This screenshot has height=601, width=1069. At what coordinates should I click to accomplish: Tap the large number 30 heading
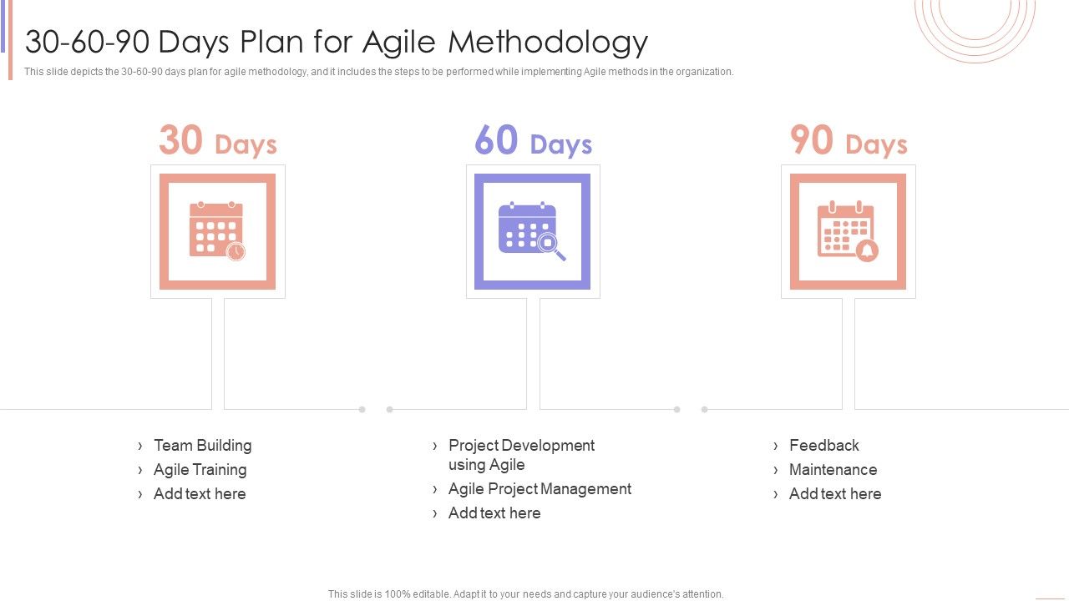pos(180,140)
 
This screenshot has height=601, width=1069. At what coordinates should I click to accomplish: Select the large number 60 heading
pos(496,140)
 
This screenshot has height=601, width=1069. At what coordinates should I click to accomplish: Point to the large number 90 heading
pos(811,140)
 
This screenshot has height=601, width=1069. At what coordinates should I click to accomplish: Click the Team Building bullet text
pos(202,446)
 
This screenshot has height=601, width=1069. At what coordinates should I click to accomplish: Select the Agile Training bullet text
pos(200,470)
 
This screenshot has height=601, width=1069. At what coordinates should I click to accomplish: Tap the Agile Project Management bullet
pos(540,489)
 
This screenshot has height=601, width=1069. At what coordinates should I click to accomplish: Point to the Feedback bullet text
pos(823,446)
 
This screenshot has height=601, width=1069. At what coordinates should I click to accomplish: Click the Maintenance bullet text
pos(833,470)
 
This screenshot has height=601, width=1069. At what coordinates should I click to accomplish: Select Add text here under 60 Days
pos(494,513)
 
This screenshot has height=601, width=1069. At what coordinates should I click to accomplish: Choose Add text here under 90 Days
pos(835,494)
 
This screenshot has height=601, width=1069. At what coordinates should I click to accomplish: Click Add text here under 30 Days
pos(200,494)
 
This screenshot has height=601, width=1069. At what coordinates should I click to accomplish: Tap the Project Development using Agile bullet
pos(521,455)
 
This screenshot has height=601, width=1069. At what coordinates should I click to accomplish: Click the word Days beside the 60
pos(560,145)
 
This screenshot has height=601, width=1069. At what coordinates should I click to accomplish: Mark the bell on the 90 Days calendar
pos(867,250)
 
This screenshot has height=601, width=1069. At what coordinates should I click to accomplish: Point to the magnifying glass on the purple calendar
pos(550,245)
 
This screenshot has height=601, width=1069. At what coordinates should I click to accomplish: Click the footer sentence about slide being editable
pos(526,594)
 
